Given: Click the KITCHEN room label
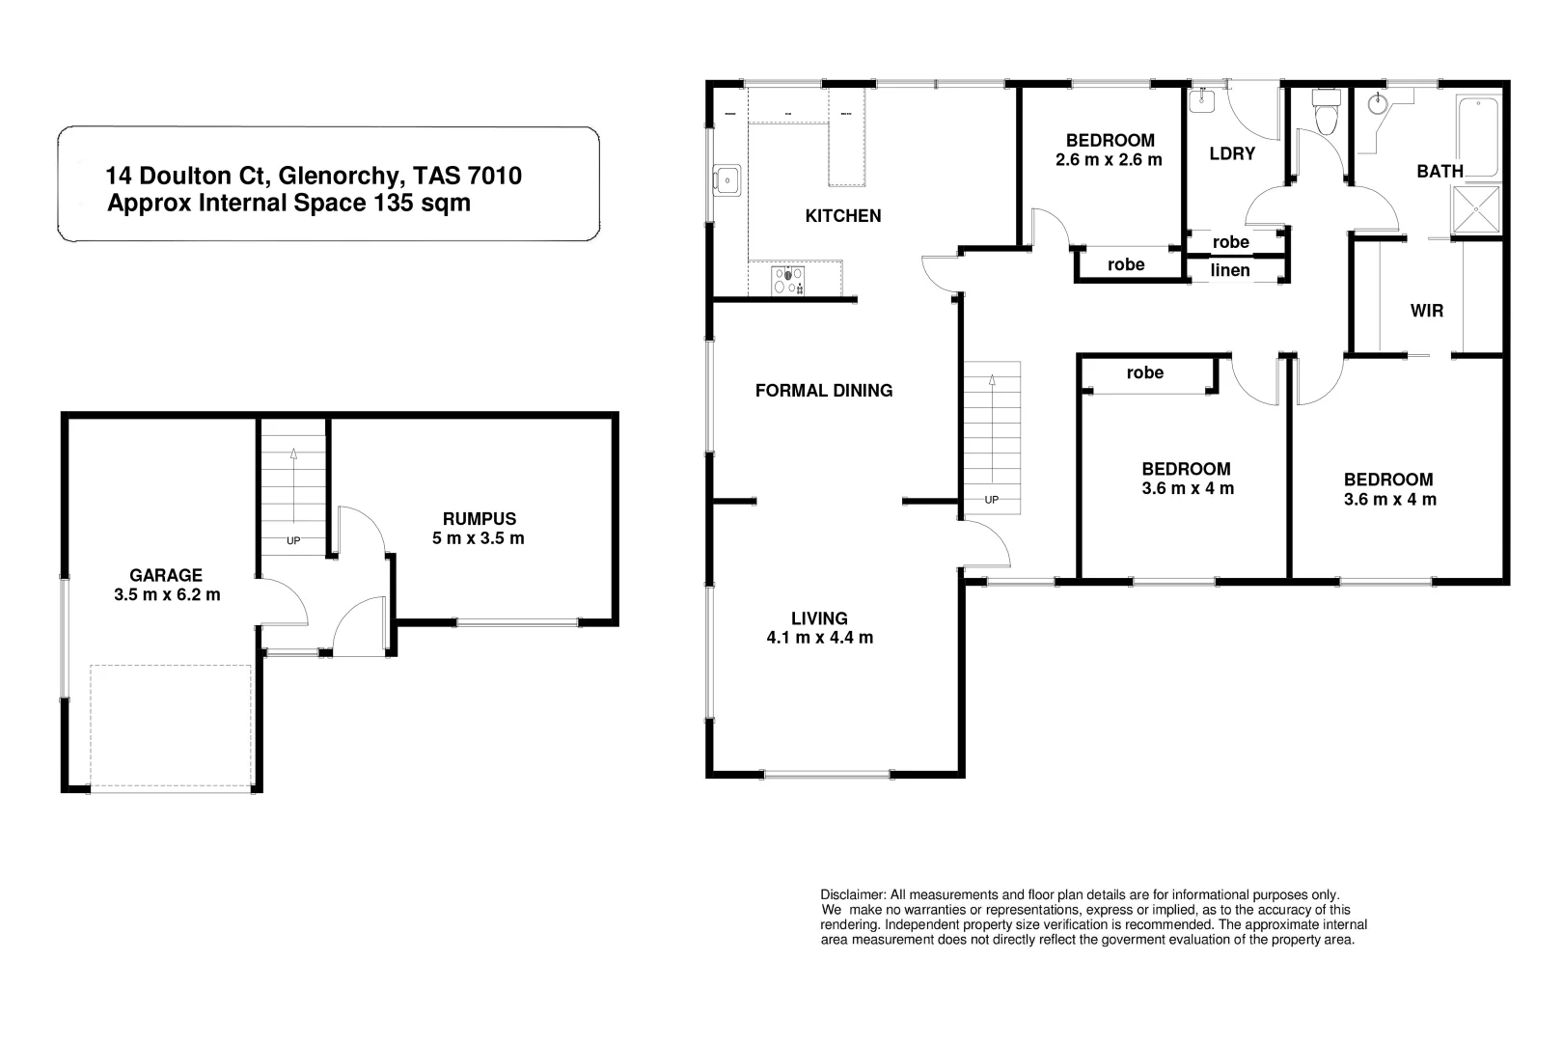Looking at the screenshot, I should coord(843,215).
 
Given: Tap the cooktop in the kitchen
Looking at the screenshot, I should coord(788,280).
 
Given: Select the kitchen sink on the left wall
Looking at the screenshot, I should coord(727,178).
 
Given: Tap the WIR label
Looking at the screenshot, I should coord(1426,311).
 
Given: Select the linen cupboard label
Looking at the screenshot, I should coord(1230,270).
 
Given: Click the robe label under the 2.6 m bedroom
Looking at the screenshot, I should coord(1126,264).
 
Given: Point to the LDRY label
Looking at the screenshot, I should coord(1232,153).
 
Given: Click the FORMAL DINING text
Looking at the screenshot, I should coord(824,390).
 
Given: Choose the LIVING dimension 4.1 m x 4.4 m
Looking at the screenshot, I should coord(819,638).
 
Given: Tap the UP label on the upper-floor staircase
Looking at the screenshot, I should coord(991,500).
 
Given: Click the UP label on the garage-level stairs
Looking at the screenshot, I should coord(293,540).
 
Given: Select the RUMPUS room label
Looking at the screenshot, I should coord(480,518).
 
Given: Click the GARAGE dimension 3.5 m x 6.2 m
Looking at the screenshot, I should coord(167,595).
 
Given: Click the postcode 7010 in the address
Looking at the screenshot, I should coord(494,176).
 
